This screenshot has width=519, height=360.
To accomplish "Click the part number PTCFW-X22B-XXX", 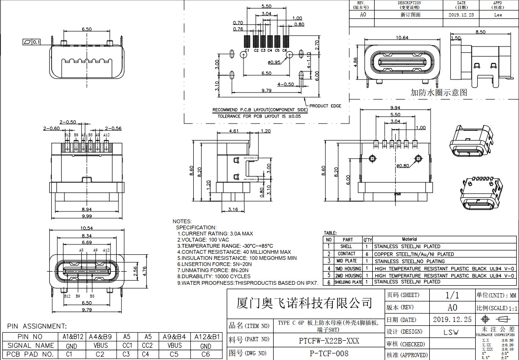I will coord(329,340).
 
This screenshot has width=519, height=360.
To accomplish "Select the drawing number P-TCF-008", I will coord(329,353).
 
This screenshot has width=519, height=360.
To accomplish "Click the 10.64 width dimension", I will coord(402,38).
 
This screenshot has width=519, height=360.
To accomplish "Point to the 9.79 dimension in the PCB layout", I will coord(266,90).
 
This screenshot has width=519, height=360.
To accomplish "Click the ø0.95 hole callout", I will coord(274,62).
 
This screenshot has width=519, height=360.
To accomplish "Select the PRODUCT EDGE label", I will coord(325,106).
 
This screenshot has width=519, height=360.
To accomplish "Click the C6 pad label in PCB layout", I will coord(285,50).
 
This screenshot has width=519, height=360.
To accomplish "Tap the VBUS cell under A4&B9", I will coord(100,345).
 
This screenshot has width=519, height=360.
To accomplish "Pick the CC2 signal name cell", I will coord(147,345).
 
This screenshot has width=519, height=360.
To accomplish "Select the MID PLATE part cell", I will coord(346,261).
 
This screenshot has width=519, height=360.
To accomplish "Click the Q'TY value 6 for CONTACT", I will coord(367,254).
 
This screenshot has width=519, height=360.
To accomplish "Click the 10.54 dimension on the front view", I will coord(87,228).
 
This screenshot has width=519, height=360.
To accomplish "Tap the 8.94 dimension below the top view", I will coord(87,209).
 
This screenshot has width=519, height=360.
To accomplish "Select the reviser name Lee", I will coord(498,15).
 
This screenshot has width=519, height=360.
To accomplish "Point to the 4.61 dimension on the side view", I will coord(234,132).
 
